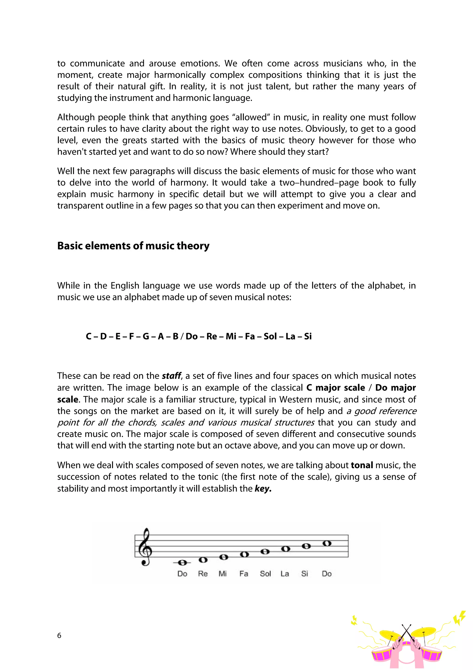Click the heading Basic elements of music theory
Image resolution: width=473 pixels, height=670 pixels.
click(x=133, y=246)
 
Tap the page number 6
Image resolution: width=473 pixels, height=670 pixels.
click(x=59, y=635)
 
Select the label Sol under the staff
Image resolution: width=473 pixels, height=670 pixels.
click(x=265, y=574)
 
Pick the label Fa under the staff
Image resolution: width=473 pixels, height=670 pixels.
click(x=244, y=574)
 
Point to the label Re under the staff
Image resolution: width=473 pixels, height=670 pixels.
click(x=203, y=574)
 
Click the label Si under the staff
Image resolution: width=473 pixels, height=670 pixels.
click(x=305, y=574)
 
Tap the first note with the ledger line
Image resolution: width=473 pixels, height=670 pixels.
click(x=182, y=562)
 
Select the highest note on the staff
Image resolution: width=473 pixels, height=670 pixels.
click(x=327, y=543)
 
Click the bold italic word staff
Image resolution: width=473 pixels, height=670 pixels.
click(x=171, y=376)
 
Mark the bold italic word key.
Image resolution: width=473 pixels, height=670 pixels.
click(x=263, y=489)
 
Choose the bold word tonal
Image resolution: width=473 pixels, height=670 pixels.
click(x=362, y=465)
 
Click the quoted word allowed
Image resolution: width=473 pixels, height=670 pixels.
click(x=251, y=117)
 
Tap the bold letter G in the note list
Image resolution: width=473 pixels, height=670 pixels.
click(x=146, y=336)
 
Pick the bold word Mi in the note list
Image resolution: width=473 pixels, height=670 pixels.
click(x=231, y=336)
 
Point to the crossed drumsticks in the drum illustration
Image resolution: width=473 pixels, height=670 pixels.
click(x=406, y=632)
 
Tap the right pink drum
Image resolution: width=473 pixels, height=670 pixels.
click(x=432, y=657)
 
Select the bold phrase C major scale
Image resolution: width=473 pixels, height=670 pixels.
click(x=335, y=387)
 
